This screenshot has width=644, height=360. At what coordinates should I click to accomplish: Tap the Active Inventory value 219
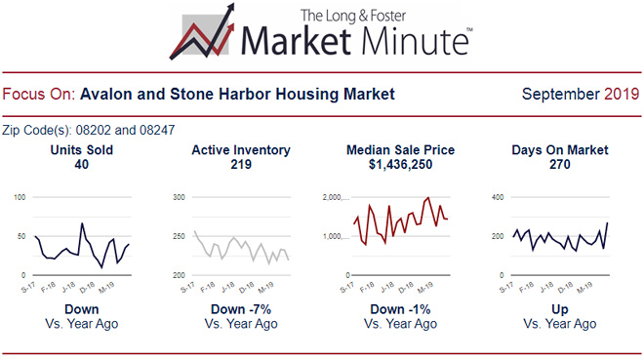pos(240,165)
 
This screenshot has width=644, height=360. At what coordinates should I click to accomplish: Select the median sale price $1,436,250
pos(400,165)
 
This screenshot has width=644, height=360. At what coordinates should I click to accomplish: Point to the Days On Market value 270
pos(560,165)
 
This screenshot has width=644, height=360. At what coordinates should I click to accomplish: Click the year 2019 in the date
pos(622,95)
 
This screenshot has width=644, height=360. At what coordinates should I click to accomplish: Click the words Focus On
pos(38,95)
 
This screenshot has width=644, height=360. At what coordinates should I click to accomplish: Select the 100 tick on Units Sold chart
pos(20,197)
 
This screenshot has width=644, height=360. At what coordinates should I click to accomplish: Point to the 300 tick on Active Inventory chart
pos(180,197)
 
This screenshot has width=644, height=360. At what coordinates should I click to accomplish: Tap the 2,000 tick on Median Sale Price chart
pos(333,197)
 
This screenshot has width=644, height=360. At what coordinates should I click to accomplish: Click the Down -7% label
pos(240,309)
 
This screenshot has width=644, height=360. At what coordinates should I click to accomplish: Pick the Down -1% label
pos(400,309)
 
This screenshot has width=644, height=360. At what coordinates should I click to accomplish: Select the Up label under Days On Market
pos(560,309)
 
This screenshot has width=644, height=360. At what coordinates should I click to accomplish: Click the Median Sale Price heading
pos(400,150)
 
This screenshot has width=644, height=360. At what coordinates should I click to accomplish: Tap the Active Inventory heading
pos(240,150)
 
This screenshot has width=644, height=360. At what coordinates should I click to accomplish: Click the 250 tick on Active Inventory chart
pos(180,236)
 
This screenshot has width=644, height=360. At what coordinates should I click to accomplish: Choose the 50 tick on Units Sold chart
pos(22,236)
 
